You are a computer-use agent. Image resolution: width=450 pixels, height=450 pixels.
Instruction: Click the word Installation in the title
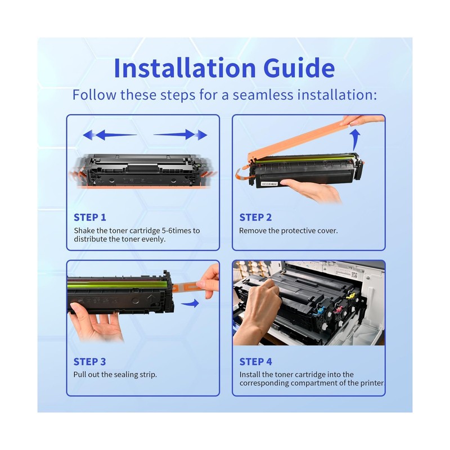click(185, 68)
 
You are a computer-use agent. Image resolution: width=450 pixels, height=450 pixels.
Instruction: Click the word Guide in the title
click(299, 68)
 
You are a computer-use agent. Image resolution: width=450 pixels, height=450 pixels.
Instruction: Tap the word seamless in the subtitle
click(263, 94)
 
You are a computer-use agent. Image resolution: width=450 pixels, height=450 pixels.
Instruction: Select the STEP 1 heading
click(90, 217)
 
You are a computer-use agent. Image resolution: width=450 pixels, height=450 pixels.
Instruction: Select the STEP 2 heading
click(255, 217)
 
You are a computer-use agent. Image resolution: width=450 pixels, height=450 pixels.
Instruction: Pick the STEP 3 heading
click(89, 362)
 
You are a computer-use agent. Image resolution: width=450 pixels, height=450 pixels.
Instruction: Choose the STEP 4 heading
click(256, 362)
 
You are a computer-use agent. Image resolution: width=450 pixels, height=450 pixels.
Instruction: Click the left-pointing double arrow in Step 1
click(110, 134)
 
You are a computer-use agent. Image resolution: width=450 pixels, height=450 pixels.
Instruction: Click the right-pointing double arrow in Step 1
click(180, 134)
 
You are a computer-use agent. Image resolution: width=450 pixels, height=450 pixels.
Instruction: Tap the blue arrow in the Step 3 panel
click(190, 303)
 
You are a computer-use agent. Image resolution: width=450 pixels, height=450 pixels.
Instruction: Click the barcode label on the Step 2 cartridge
click(269, 184)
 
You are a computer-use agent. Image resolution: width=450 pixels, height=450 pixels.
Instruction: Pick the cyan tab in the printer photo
click(319, 309)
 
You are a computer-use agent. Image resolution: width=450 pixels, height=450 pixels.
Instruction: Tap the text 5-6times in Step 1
click(177, 231)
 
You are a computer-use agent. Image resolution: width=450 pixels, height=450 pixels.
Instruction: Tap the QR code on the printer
click(354, 275)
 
